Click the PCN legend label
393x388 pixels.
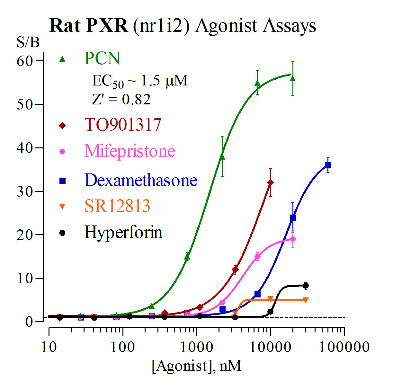pos(102,58)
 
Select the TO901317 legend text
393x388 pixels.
pos(123,125)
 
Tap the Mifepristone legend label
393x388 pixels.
pos(130,151)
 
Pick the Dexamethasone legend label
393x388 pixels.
pos(141,180)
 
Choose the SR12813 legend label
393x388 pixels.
pos(117,206)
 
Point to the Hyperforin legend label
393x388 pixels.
pos(123,232)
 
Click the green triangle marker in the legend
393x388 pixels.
pos(63,59)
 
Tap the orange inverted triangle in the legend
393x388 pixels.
pos(63,207)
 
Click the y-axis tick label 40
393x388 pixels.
pos(25,148)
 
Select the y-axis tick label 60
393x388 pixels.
pos(25,61)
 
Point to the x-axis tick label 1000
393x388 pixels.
pos(196,347)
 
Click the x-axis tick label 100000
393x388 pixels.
pos(344,347)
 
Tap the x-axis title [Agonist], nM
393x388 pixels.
pos(196,366)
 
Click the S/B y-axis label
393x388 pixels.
pos(28,42)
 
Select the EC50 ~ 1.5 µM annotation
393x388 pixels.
pos(140,81)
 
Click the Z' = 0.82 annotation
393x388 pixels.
pos(121,99)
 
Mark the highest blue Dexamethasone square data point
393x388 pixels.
pos(328,165)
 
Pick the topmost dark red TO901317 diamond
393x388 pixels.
pos(270,183)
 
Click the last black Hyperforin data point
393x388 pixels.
pos(306,285)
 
